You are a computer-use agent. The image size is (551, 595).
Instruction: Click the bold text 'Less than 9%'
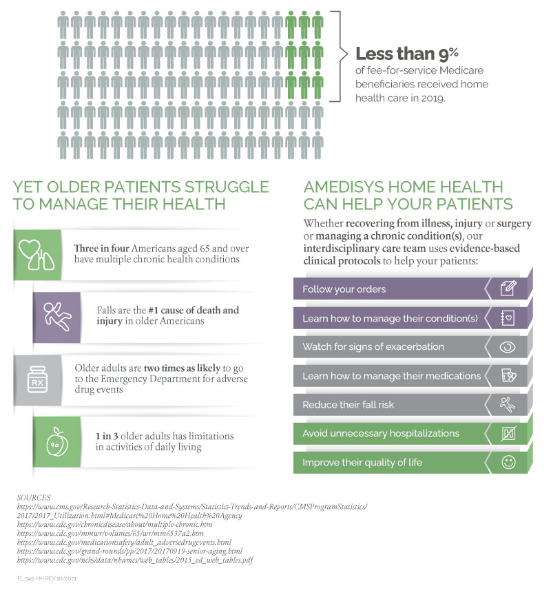[x=406, y=54]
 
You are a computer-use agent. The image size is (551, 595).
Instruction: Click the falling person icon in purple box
[x=56, y=315]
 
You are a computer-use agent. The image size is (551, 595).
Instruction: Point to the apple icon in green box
[x=56, y=441]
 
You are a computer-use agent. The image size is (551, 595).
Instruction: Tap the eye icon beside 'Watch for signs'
[x=508, y=347]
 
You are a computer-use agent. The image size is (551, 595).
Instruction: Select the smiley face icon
[x=508, y=463]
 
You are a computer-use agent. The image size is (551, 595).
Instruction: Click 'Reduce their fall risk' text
[x=348, y=404]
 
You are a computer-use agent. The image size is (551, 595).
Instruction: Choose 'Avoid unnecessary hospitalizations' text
[x=380, y=433]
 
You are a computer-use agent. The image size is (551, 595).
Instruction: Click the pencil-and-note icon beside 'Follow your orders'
[x=508, y=289]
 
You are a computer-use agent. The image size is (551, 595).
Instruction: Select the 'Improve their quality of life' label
[x=362, y=462]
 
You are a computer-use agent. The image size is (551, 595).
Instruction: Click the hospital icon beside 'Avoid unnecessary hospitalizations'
[x=508, y=434]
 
